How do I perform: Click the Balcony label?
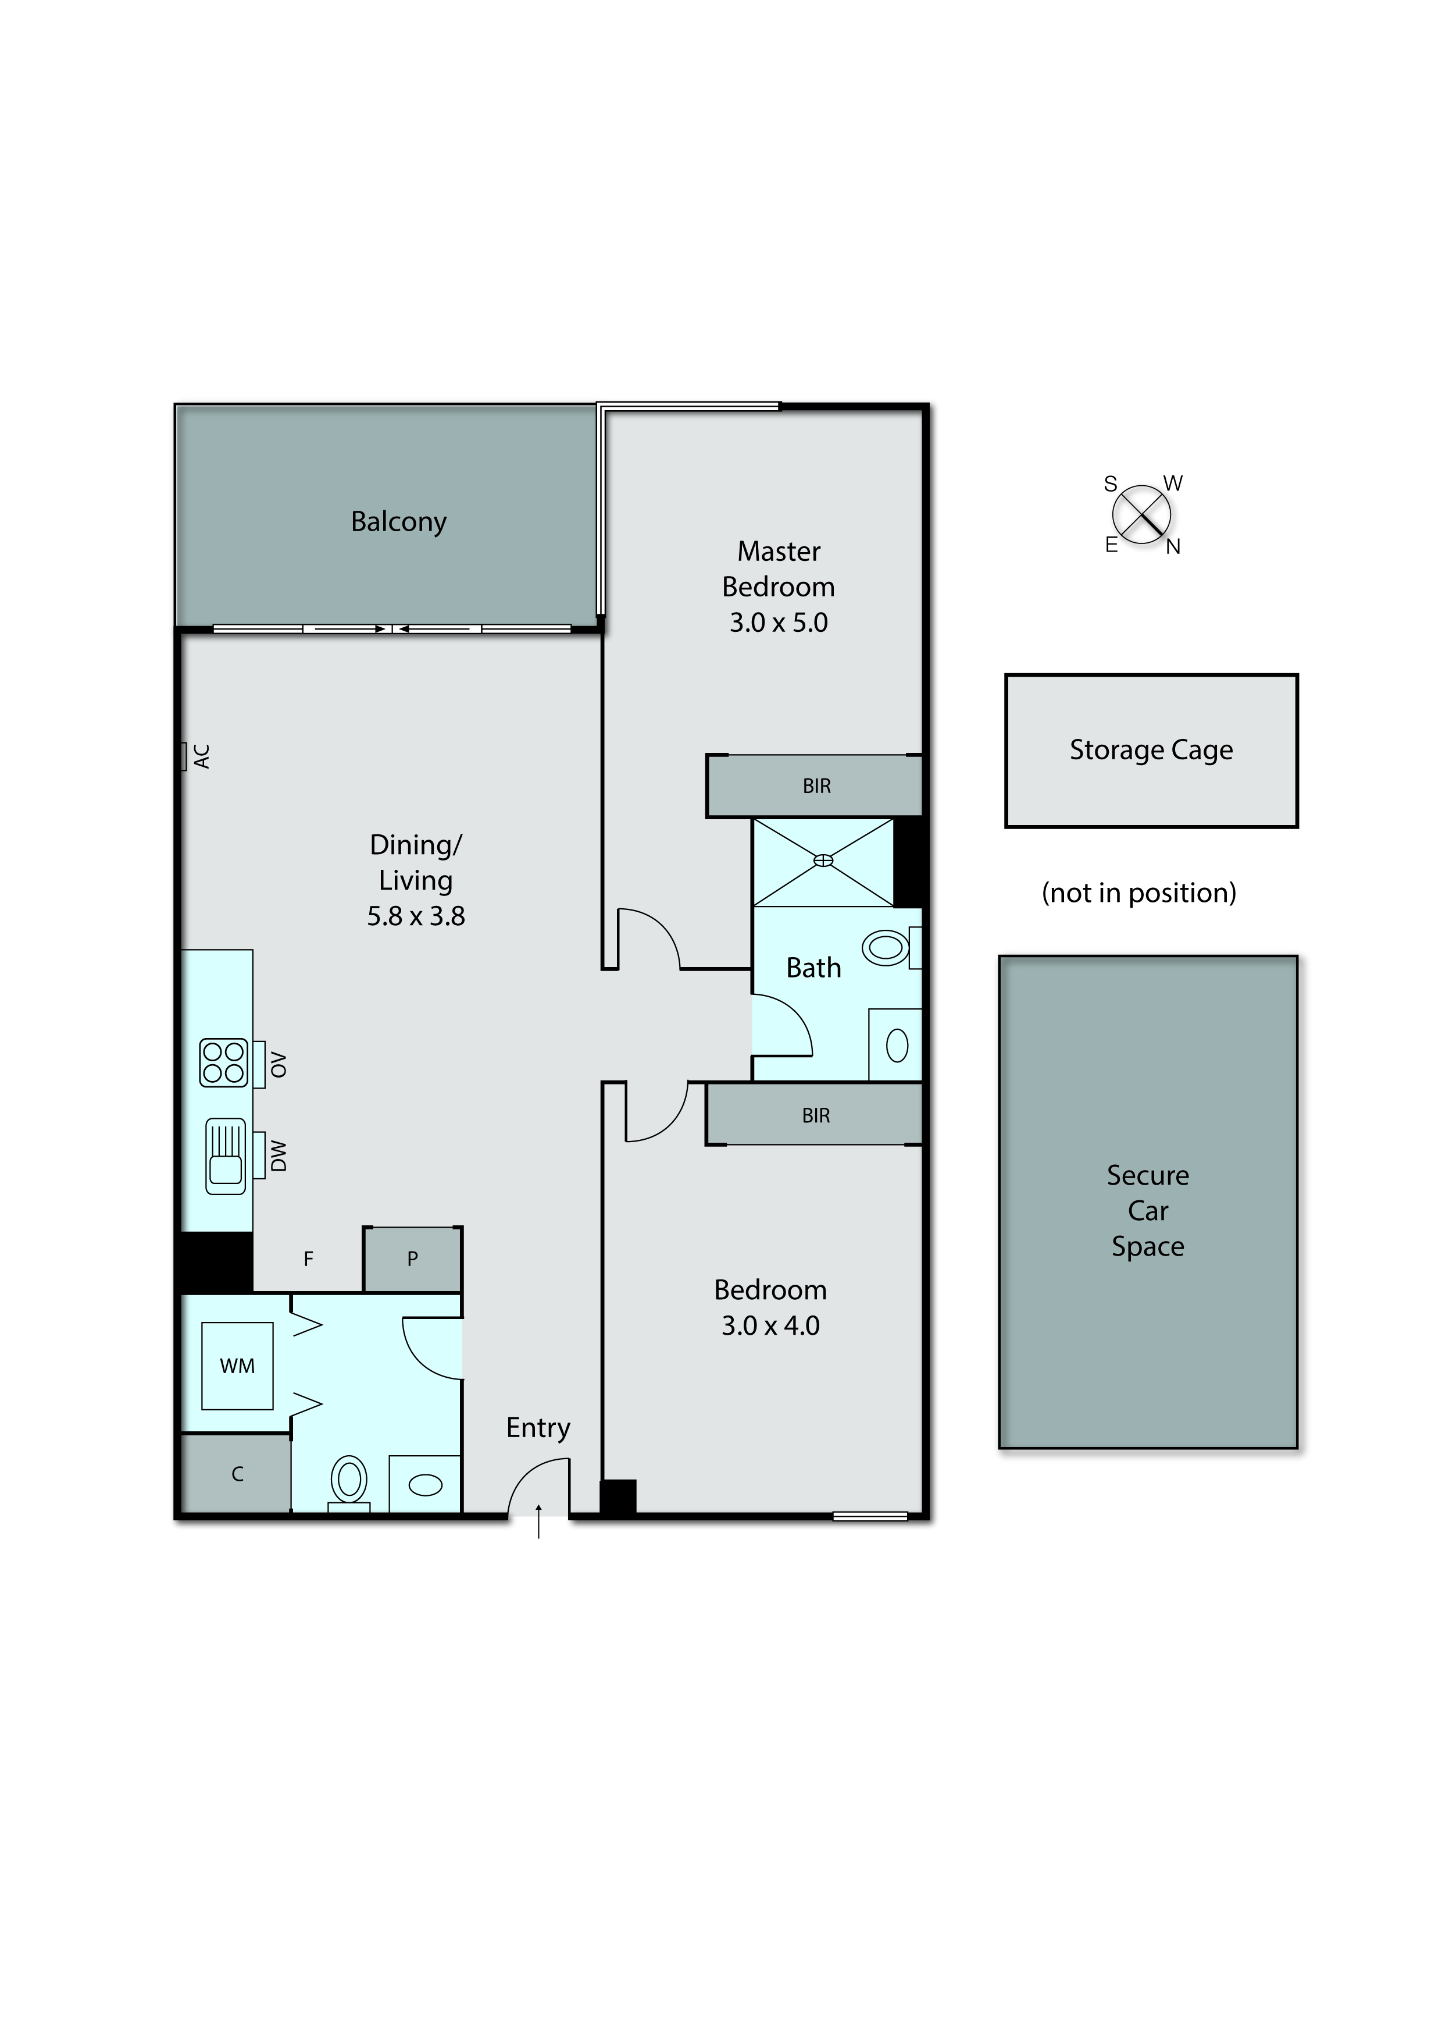pyautogui.click(x=399, y=521)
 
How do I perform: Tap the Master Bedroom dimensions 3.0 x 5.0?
pyautogui.click(x=778, y=623)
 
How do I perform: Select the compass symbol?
pyautogui.click(x=1141, y=514)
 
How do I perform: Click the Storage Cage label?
pyautogui.click(x=1151, y=750)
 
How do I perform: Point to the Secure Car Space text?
pyautogui.click(x=1147, y=1210)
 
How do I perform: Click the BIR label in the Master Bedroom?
pyautogui.click(x=816, y=786)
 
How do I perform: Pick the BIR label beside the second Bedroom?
pyautogui.click(x=815, y=1116)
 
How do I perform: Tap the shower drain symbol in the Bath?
pyautogui.click(x=823, y=860)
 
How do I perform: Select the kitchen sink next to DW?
pyautogui.click(x=226, y=1156)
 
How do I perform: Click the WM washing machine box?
pyautogui.click(x=237, y=1366)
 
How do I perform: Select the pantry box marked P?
pyautogui.click(x=412, y=1259)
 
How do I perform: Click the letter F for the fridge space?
pyautogui.click(x=308, y=1259)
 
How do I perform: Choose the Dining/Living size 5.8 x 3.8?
pyautogui.click(x=416, y=916)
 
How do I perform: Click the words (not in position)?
pyautogui.click(x=1138, y=893)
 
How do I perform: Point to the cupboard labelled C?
pyautogui.click(x=237, y=1474)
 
